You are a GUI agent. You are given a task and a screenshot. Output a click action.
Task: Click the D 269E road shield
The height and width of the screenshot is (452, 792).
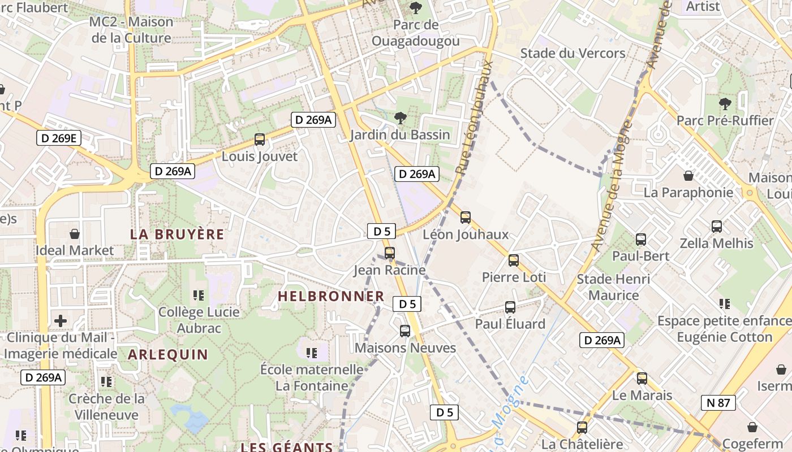coord(59,138)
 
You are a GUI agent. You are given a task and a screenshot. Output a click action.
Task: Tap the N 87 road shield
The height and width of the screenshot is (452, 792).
coord(718,403)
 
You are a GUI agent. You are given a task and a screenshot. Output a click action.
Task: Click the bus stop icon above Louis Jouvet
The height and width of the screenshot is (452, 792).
coord(260,139)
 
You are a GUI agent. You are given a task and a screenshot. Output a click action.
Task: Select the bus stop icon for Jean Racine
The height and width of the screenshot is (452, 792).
coord(389,253)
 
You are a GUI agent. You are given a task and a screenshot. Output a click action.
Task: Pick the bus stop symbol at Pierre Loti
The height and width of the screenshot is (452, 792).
coord(514,260)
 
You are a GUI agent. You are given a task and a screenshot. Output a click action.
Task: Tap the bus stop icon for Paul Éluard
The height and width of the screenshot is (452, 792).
coord(510,307)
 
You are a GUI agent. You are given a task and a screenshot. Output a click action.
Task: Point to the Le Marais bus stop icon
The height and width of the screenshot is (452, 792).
coord(642,378)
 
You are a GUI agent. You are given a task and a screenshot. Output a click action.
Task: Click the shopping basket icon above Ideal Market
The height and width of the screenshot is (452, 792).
coord(74,233)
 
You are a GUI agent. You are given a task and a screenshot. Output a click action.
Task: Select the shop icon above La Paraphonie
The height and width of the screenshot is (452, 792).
coord(688,176)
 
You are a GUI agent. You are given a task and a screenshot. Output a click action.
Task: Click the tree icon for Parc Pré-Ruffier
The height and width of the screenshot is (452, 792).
coord(725,104)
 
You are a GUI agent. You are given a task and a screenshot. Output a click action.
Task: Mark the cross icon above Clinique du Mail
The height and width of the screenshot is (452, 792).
coord(61,321)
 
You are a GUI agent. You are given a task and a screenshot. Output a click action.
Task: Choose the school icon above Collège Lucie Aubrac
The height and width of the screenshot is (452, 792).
coord(199,295)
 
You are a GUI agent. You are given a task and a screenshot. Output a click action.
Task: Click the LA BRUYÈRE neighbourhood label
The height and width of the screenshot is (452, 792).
coord(177,234)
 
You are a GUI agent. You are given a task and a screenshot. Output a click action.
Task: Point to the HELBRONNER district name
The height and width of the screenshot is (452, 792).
coord(331,296)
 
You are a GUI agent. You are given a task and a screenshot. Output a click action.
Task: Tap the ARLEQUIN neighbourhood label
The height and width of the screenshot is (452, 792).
coord(168,354)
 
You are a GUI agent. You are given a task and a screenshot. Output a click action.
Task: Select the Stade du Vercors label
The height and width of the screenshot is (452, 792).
coord(573,53)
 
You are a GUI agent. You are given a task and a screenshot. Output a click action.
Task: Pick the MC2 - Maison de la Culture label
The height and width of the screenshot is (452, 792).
coord(131,30)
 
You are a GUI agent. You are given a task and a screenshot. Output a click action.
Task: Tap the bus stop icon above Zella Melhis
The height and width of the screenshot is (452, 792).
coord(717,226)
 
